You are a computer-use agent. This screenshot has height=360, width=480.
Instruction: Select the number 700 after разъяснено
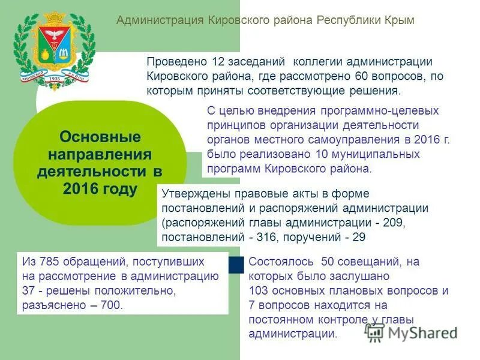(111, 305)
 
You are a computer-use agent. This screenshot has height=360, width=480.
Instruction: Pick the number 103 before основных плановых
(259, 291)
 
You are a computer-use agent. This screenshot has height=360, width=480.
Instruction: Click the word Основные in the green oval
(100, 137)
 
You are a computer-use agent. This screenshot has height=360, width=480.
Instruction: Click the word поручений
(311, 237)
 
